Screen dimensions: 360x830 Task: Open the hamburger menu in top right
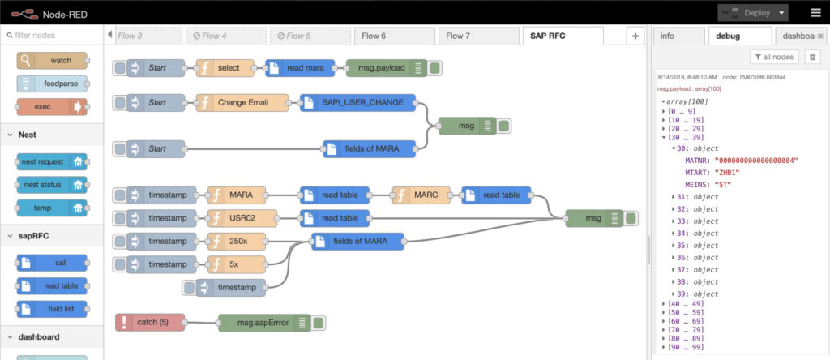tap(815, 13)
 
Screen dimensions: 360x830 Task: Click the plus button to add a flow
tap(635, 36)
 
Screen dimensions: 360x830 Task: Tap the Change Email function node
tap(242, 103)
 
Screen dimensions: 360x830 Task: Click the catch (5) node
tap(150, 323)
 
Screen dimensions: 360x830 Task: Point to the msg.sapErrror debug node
tap(264, 323)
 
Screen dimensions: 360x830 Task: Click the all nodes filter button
tap(774, 57)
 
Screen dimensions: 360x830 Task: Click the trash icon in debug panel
tap(813, 57)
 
